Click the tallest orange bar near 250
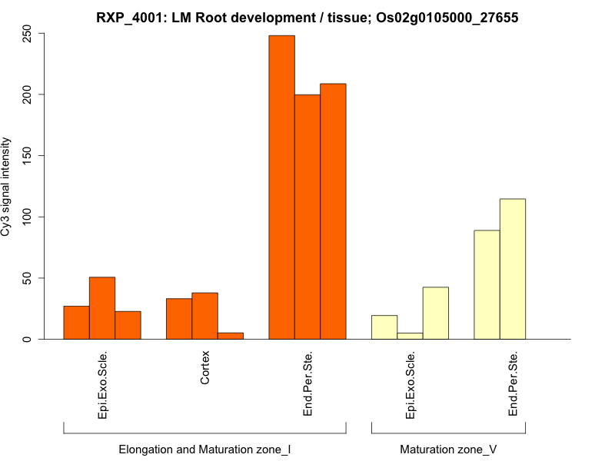[281, 187]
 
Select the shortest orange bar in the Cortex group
[231, 336]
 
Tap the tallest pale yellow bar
[513, 269]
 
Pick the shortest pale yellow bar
[410, 336]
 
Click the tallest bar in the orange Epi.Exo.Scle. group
[102, 308]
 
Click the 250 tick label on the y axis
[28, 34]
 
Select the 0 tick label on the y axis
[28, 339]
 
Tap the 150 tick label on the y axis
[28, 156]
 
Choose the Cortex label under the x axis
[205, 370]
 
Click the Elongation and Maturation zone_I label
[204, 449]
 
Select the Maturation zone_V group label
[448, 449]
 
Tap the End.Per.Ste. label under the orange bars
[307, 384]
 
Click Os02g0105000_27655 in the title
[448, 17]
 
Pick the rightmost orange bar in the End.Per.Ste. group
[333, 211]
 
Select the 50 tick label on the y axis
[28, 278]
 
